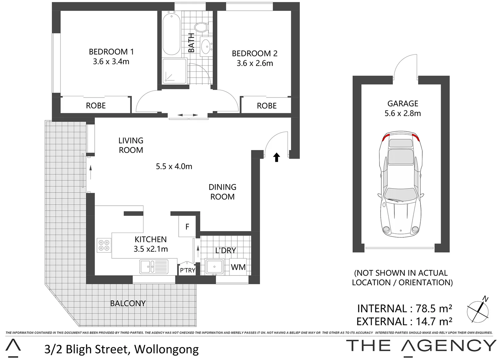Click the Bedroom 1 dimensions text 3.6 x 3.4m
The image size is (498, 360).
point(111,62)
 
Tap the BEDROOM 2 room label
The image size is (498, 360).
point(254,53)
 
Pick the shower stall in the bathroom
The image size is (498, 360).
point(174,71)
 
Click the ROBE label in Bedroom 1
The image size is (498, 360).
point(96,106)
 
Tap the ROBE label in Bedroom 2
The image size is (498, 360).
point(267,106)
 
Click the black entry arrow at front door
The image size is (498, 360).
point(276,157)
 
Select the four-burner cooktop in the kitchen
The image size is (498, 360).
point(103,245)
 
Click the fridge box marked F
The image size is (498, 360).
point(187,227)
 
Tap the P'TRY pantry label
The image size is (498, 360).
point(187,270)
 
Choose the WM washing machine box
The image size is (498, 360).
point(238,267)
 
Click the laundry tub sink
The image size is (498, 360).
point(213,267)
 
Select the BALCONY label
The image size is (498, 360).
point(128,303)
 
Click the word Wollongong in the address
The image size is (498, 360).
point(166,349)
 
